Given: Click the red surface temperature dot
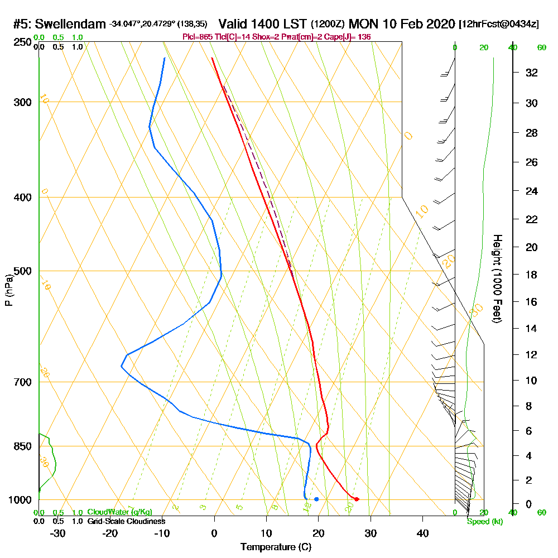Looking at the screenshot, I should pyautogui.click(x=357, y=499).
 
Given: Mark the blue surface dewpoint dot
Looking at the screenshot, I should pyautogui.click(x=316, y=499).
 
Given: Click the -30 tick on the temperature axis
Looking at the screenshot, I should pyautogui.click(x=58, y=533).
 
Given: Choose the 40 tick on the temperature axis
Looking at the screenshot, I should pyautogui.click(x=423, y=533).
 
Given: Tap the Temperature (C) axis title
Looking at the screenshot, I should pyautogui.click(x=276, y=547).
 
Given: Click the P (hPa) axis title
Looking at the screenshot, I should pyautogui.click(x=8, y=290).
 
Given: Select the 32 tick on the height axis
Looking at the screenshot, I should pyautogui.click(x=532, y=73).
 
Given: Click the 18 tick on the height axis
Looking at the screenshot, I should pyautogui.click(x=532, y=275).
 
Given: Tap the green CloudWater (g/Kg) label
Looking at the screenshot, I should pyautogui.click(x=119, y=512).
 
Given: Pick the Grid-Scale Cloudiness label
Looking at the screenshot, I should pyautogui.click(x=126, y=521).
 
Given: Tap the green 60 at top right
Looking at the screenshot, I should pyautogui.click(x=541, y=47).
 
